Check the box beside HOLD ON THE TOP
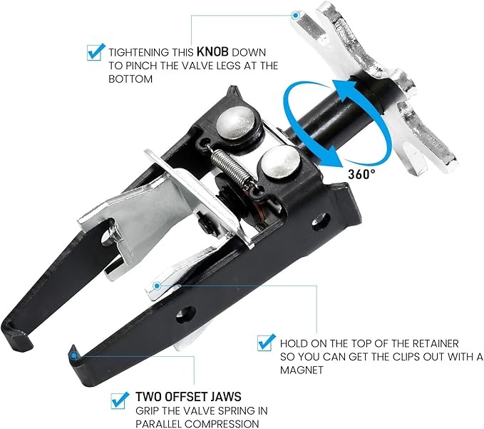tap(267, 343)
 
